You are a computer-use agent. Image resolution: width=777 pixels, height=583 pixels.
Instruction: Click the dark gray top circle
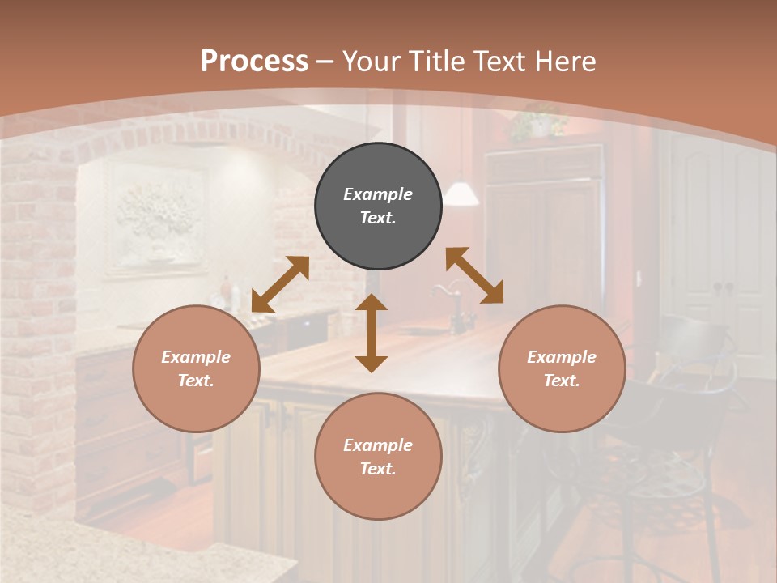[378, 206]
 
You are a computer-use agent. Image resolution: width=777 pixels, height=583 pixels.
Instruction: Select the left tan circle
[196, 368]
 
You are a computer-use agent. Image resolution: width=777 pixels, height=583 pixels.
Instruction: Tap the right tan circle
[562, 368]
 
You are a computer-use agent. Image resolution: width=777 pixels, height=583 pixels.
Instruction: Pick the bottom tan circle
[378, 457]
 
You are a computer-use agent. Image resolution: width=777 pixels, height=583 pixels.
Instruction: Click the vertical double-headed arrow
[372, 333]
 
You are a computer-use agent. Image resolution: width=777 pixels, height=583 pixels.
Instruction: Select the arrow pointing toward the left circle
[280, 284]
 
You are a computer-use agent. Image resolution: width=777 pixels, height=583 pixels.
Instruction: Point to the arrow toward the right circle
[474, 275]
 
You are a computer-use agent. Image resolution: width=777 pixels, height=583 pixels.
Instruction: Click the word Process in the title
[254, 62]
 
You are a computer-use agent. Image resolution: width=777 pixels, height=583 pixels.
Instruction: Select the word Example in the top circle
[378, 194]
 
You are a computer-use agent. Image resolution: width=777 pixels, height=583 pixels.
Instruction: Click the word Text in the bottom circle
[376, 469]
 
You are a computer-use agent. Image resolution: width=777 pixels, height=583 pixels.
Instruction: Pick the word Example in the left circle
[196, 357]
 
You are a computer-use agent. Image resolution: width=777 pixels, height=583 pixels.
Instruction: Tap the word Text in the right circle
[560, 381]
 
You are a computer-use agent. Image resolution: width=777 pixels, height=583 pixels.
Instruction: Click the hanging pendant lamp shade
[461, 193]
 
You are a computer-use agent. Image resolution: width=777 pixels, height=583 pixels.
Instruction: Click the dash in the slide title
[325, 62]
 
